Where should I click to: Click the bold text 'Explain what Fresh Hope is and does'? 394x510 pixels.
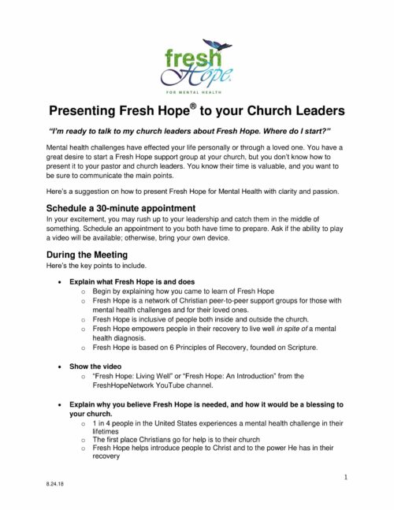(127, 281)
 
